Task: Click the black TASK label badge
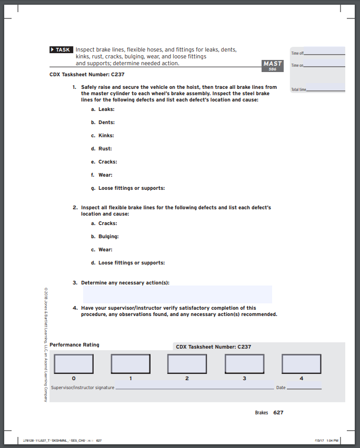[x=61, y=49]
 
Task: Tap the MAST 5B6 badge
[x=273, y=65]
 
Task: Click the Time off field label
[x=297, y=54]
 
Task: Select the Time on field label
[x=297, y=65]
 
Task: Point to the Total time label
[x=298, y=90]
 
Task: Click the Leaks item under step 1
[x=106, y=109]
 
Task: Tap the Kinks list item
[x=106, y=136]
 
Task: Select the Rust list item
[x=105, y=149]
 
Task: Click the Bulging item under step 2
[x=108, y=237]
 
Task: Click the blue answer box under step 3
[x=177, y=294]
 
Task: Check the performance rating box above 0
[x=74, y=364]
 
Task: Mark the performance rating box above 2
[x=187, y=364]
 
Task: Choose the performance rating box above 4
[x=302, y=364]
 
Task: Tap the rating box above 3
[x=244, y=364]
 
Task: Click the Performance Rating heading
[x=74, y=345]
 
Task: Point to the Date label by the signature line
[x=281, y=388]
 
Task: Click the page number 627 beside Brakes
[x=278, y=413]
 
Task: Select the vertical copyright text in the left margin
[x=46, y=344]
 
